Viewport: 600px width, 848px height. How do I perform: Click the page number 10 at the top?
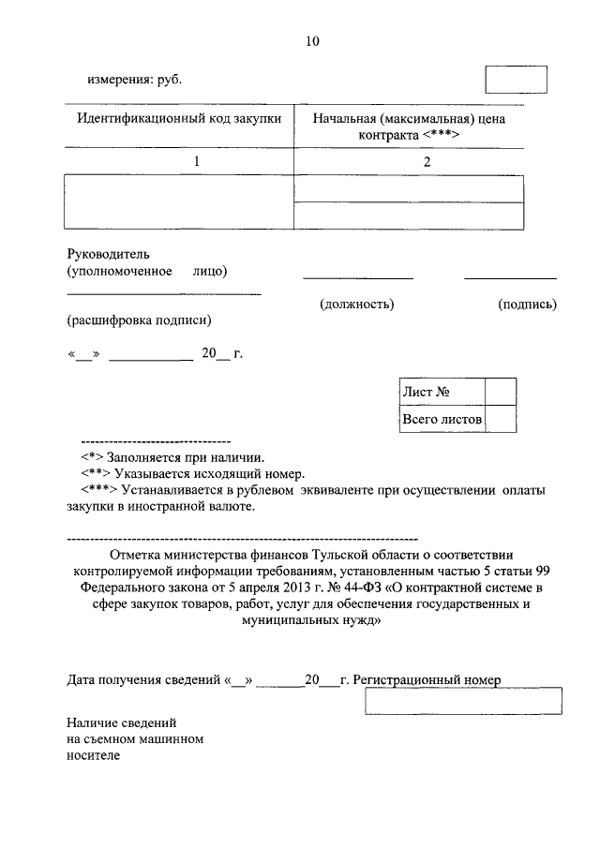pos(312,41)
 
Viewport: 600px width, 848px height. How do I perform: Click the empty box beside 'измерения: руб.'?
pos(516,80)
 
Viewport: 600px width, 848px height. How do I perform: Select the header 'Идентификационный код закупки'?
pos(178,120)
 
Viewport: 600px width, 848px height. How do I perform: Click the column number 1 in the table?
pos(197,161)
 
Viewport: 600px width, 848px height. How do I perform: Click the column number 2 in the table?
pos(427,161)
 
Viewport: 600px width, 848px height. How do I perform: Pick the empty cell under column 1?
pos(178,201)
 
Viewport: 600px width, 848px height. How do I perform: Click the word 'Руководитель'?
pos(108,254)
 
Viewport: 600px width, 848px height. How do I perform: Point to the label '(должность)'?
pos(356,305)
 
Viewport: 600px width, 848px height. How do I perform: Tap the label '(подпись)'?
pos(528,305)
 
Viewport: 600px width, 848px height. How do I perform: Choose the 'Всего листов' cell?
pos(442,419)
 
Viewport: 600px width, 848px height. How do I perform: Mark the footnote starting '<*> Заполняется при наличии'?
pos(173,458)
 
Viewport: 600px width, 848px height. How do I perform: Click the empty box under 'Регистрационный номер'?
pos(463,701)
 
